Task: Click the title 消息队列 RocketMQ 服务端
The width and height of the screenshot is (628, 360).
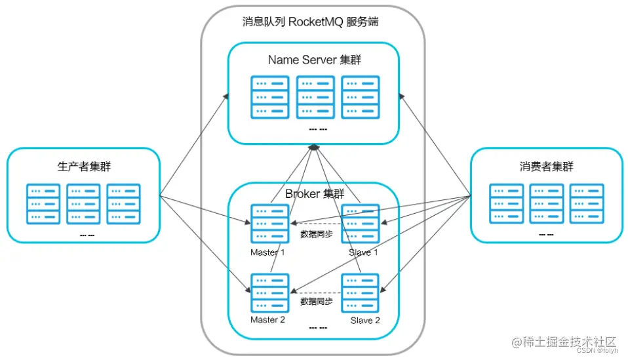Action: [x=311, y=22]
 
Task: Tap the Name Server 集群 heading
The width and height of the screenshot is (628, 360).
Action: [x=315, y=60]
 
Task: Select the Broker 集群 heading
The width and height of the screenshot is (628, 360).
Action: [x=315, y=194]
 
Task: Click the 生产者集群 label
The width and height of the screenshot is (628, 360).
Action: [x=84, y=167]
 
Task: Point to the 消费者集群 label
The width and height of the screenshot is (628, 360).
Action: [x=546, y=167]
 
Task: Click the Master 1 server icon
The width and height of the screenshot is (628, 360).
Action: [x=270, y=224]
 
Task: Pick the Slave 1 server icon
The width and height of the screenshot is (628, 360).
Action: [x=360, y=224]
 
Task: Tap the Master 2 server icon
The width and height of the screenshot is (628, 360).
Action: [x=270, y=293]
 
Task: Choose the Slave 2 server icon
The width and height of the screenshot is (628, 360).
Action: [x=360, y=293]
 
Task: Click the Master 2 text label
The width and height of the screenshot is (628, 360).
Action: [x=267, y=320]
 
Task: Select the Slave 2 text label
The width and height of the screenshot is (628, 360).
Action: [x=365, y=321]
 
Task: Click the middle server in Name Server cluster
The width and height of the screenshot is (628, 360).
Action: [x=315, y=97]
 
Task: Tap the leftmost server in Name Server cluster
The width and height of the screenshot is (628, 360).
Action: [x=270, y=97]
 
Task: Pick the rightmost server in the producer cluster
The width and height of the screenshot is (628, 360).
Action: [x=124, y=204]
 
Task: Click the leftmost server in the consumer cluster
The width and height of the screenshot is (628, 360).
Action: [x=506, y=204]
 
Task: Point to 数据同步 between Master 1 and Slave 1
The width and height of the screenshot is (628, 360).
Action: [x=317, y=234]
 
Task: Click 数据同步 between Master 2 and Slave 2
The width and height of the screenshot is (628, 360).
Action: [x=317, y=302]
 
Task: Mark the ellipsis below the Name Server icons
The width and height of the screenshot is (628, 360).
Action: [x=318, y=129]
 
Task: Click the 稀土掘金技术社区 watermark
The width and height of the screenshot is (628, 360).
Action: [x=564, y=342]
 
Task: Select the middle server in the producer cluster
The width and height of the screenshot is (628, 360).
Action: [x=84, y=204]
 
